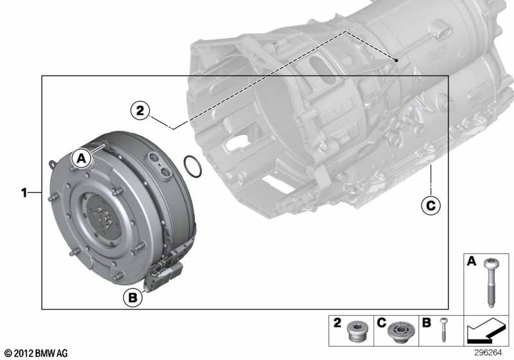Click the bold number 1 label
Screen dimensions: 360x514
(x=25, y=192)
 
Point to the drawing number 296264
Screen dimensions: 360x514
(x=490, y=352)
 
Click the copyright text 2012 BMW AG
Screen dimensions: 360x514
(x=36, y=353)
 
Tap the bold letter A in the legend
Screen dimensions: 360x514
(x=470, y=262)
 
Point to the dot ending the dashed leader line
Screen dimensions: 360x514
(x=398, y=61)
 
